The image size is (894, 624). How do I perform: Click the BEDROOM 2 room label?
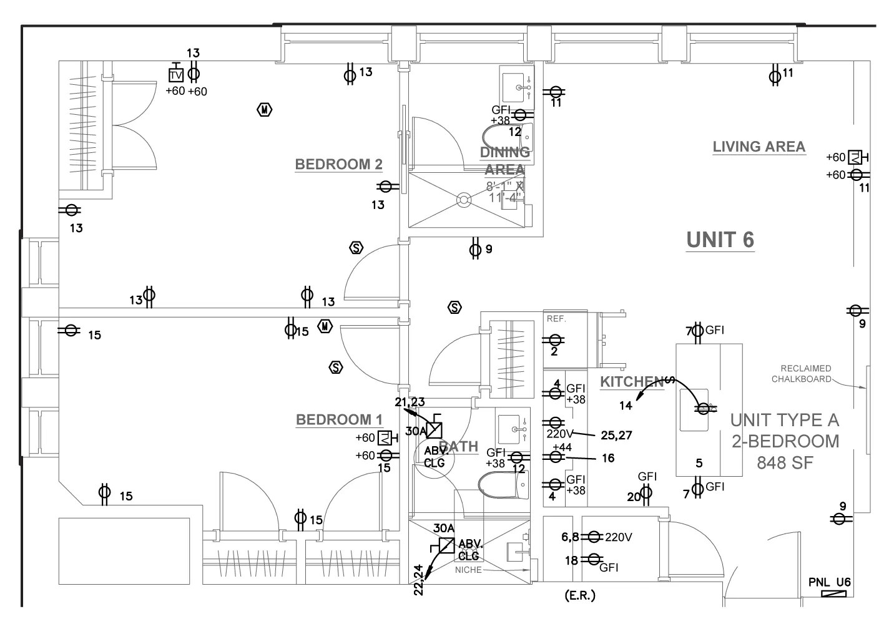338,165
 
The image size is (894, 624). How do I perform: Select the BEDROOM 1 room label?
339,419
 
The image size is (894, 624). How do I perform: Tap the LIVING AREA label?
759,147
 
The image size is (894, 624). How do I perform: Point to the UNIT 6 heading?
720,240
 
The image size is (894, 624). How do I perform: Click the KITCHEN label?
631,382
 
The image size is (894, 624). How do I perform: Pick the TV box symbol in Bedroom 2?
176,75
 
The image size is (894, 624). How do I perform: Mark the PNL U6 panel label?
829,583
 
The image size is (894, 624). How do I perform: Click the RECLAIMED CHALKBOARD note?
805,373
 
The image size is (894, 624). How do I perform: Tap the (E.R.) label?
579,595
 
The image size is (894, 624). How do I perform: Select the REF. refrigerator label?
556,318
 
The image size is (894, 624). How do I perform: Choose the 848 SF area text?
785,462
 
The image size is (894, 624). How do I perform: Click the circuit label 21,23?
410,402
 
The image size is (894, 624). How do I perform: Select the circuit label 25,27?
616,435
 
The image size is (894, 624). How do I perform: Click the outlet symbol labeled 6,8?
594,537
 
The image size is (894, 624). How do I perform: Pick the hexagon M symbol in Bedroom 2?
265,110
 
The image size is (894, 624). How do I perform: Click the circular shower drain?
463,199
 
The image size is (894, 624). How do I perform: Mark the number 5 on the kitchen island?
699,463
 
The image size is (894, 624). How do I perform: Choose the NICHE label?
468,570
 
